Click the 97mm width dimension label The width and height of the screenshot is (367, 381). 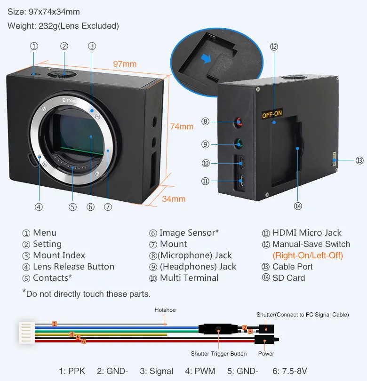pyautogui.click(x=125, y=64)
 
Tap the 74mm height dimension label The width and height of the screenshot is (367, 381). pyautogui.click(x=181, y=127)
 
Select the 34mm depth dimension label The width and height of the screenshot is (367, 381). pyautogui.click(x=174, y=199)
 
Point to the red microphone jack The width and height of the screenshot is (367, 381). pyautogui.click(x=240, y=122)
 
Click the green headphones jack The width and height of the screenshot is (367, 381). pyautogui.click(x=240, y=144)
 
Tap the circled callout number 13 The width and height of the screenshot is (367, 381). pyautogui.click(x=359, y=160)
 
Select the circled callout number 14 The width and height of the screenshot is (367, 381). pyautogui.click(x=298, y=206)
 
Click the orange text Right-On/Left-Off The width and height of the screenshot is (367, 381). pyautogui.click(x=308, y=255)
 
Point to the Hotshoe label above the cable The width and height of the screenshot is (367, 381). pyautogui.click(x=165, y=310)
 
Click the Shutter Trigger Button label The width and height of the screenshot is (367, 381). pyautogui.click(x=219, y=354)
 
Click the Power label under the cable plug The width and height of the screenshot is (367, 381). pyautogui.click(x=266, y=354)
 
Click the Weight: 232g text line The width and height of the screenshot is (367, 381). pyautogui.click(x=63, y=25)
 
